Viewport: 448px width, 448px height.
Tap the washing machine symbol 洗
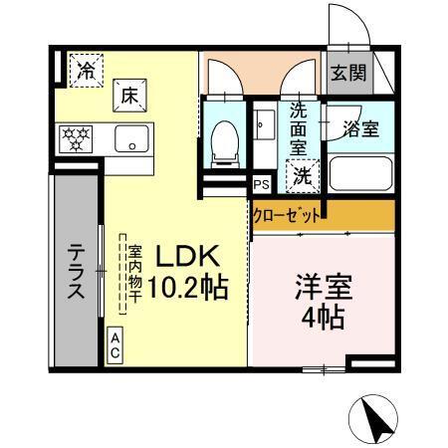click(x=299, y=176)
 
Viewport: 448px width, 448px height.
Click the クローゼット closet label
click(x=288, y=215)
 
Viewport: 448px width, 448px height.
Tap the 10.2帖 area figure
click(x=190, y=289)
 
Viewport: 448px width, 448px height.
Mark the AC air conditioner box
click(x=115, y=344)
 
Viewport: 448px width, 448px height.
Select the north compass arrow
click(x=377, y=417)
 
